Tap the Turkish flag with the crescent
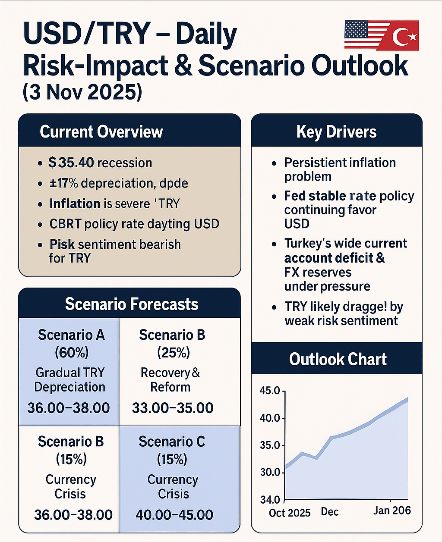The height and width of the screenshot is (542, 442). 401,36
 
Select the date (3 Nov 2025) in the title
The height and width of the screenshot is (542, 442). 82,92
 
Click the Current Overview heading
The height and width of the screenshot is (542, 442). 101,132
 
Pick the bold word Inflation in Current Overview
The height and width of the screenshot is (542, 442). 75,204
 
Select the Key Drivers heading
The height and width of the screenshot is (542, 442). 336,132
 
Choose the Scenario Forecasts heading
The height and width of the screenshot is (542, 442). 132,304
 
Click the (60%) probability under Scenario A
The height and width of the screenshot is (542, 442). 71,353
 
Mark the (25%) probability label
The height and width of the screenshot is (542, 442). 173,353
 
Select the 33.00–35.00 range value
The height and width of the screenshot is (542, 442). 173,408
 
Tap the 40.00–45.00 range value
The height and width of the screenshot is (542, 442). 174,515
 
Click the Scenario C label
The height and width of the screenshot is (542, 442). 172,442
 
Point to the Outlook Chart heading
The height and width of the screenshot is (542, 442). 338,359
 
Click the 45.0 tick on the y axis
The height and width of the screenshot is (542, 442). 270,391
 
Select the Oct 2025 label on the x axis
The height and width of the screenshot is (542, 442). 290,513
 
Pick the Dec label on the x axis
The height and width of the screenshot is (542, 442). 330,512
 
